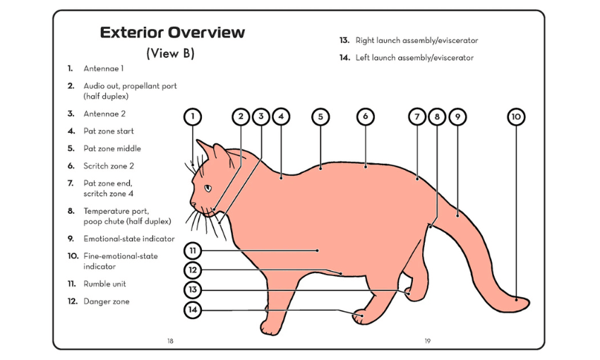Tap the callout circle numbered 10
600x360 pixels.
516,116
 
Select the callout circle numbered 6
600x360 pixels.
365,116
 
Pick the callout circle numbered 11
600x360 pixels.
193,250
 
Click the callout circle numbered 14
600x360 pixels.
193,309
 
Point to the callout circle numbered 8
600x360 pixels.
437,116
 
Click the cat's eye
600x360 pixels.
208,188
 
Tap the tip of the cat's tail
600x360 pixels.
524,304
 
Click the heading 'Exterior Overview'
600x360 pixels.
172,32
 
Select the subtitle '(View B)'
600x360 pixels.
170,54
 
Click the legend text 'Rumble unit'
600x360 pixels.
104,284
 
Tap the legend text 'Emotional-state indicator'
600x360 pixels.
128,239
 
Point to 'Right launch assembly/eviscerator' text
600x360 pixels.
416,41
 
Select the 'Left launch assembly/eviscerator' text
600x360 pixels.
414,58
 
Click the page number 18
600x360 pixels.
170,341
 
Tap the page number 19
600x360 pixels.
427,341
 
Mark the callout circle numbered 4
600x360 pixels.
281,116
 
